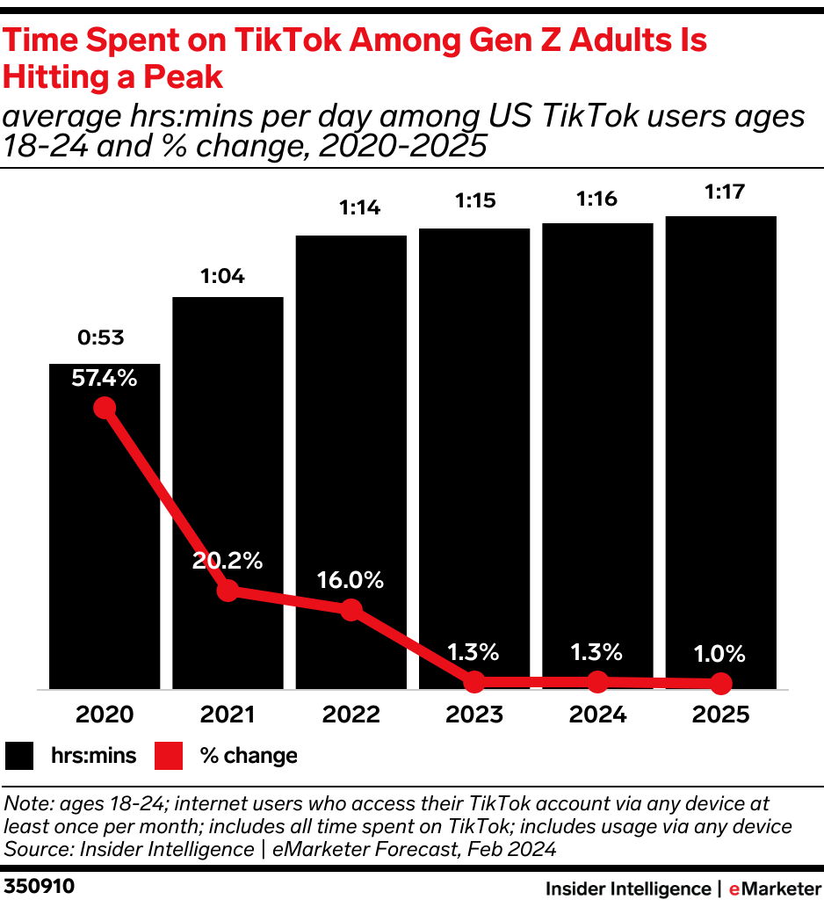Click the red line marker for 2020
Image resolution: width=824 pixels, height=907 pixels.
(x=105, y=408)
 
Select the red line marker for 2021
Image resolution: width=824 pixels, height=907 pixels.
(x=228, y=591)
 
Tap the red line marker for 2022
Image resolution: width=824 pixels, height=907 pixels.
(x=351, y=609)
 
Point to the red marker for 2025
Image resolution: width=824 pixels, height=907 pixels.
(x=720, y=683)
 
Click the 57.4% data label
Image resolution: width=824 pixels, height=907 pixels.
(x=105, y=379)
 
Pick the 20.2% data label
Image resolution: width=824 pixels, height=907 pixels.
(x=228, y=561)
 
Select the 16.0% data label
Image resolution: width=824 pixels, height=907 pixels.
(x=351, y=580)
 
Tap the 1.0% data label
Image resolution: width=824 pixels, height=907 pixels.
(x=720, y=654)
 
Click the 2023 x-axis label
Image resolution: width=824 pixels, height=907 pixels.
(x=474, y=715)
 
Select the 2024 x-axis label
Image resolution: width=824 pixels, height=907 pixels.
(x=597, y=715)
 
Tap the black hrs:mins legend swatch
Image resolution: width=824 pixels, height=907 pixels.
(x=19, y=755)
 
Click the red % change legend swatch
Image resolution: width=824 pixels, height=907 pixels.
(x=169, y=755)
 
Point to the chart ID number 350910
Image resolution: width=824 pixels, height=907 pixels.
(x=39, y=887)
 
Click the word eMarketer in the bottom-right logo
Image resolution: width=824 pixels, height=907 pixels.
(x=774, y=889)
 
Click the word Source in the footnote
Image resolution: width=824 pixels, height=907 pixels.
(x=33, y=849)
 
